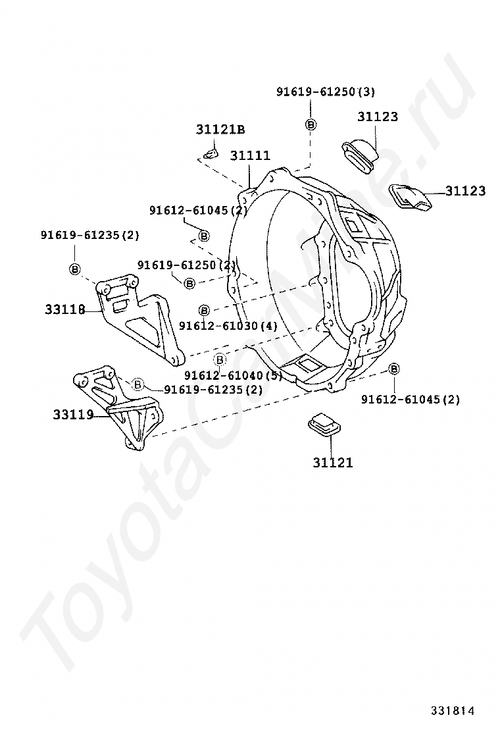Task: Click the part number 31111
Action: (250, 156)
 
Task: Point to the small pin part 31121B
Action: (209, 155)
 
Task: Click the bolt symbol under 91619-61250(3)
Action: (311, 124)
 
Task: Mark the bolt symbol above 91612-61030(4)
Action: (204, 309)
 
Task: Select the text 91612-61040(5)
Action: (233, 375)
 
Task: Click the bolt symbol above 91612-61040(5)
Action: (220, 359)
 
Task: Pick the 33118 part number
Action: (65, 309)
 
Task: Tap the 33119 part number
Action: (73, 415)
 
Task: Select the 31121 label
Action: (332, 463)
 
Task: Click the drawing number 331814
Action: (453, 710)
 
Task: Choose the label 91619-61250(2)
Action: (186, 265)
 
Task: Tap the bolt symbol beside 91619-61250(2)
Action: (189, 283)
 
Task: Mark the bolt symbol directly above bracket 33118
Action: (74, 269)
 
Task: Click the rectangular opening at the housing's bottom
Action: (305, 363)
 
